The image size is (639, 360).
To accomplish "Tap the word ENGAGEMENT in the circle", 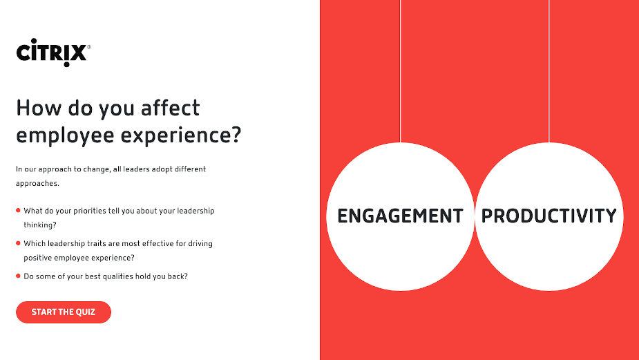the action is pyautogui.click(x=400, y=216).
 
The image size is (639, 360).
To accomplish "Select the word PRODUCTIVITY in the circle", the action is pyautogui.click(x=549, y=216).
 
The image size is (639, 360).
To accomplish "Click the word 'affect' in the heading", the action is pyautogui.click(x=171, y=108).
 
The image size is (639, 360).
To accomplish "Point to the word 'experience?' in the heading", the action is pyautogui.click(x=181, y=135).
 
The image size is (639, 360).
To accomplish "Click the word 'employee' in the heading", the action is pyautogui.click(x=65, y=135).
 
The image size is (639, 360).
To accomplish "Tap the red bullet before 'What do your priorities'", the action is pyautogui.click(x=18, y=210).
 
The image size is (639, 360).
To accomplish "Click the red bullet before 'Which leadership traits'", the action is pyautogui.click(x=18, y=243).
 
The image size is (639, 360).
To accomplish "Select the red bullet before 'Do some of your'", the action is pyautogui.click(x=18, y=276).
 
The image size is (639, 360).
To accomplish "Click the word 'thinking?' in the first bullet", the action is pyautogui.click(x=40, y=225).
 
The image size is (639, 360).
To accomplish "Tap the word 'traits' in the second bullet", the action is pyautogui.click(x=108, y=243).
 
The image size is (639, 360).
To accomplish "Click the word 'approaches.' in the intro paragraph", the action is pyautogui.click(x=37, y=184).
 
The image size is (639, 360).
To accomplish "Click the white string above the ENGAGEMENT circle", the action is pyautogui.click(x=400, y=71).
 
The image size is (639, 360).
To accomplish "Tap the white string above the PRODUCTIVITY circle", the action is pyautogui.click(x=549, y=71).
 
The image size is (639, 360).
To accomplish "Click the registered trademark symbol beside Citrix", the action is pyautogui.click(x=89, y=47).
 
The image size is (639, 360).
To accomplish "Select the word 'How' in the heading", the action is pyautogui.click(x=39, y=108).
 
